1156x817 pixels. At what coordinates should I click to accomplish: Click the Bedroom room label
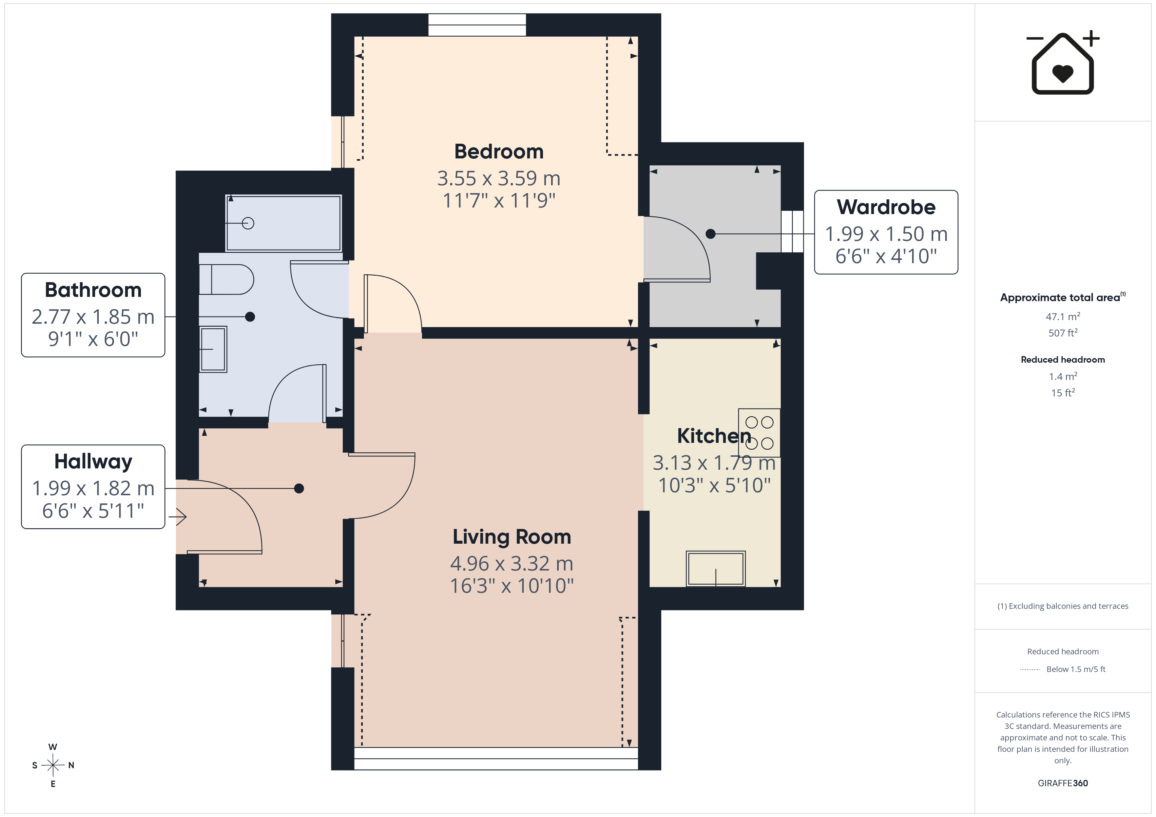click(x=499, y=152)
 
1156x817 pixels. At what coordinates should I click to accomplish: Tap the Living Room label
click(x=511, y=537)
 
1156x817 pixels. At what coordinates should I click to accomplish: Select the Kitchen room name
click(x=714, y=436)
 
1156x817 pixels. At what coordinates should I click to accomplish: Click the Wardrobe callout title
click(x=886, y=207)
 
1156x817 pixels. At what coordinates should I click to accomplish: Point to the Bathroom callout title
click(x=93, y=290)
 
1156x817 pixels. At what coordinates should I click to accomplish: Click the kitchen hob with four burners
click(x=759, y=433)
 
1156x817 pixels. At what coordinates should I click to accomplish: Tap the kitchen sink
click(x=715, y=569)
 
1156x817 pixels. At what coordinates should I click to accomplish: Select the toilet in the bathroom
click(x=226, y=279)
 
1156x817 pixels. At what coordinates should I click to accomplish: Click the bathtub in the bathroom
click(x=283, y=223)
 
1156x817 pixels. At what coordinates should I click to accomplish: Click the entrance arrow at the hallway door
click(x=178, y=517)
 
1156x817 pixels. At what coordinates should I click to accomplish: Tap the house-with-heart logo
click(x=1063, y=63)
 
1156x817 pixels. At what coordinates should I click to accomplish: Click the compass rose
click(x=53, y=765)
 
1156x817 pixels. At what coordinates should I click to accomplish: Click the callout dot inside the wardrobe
click(x=710, y=234)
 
